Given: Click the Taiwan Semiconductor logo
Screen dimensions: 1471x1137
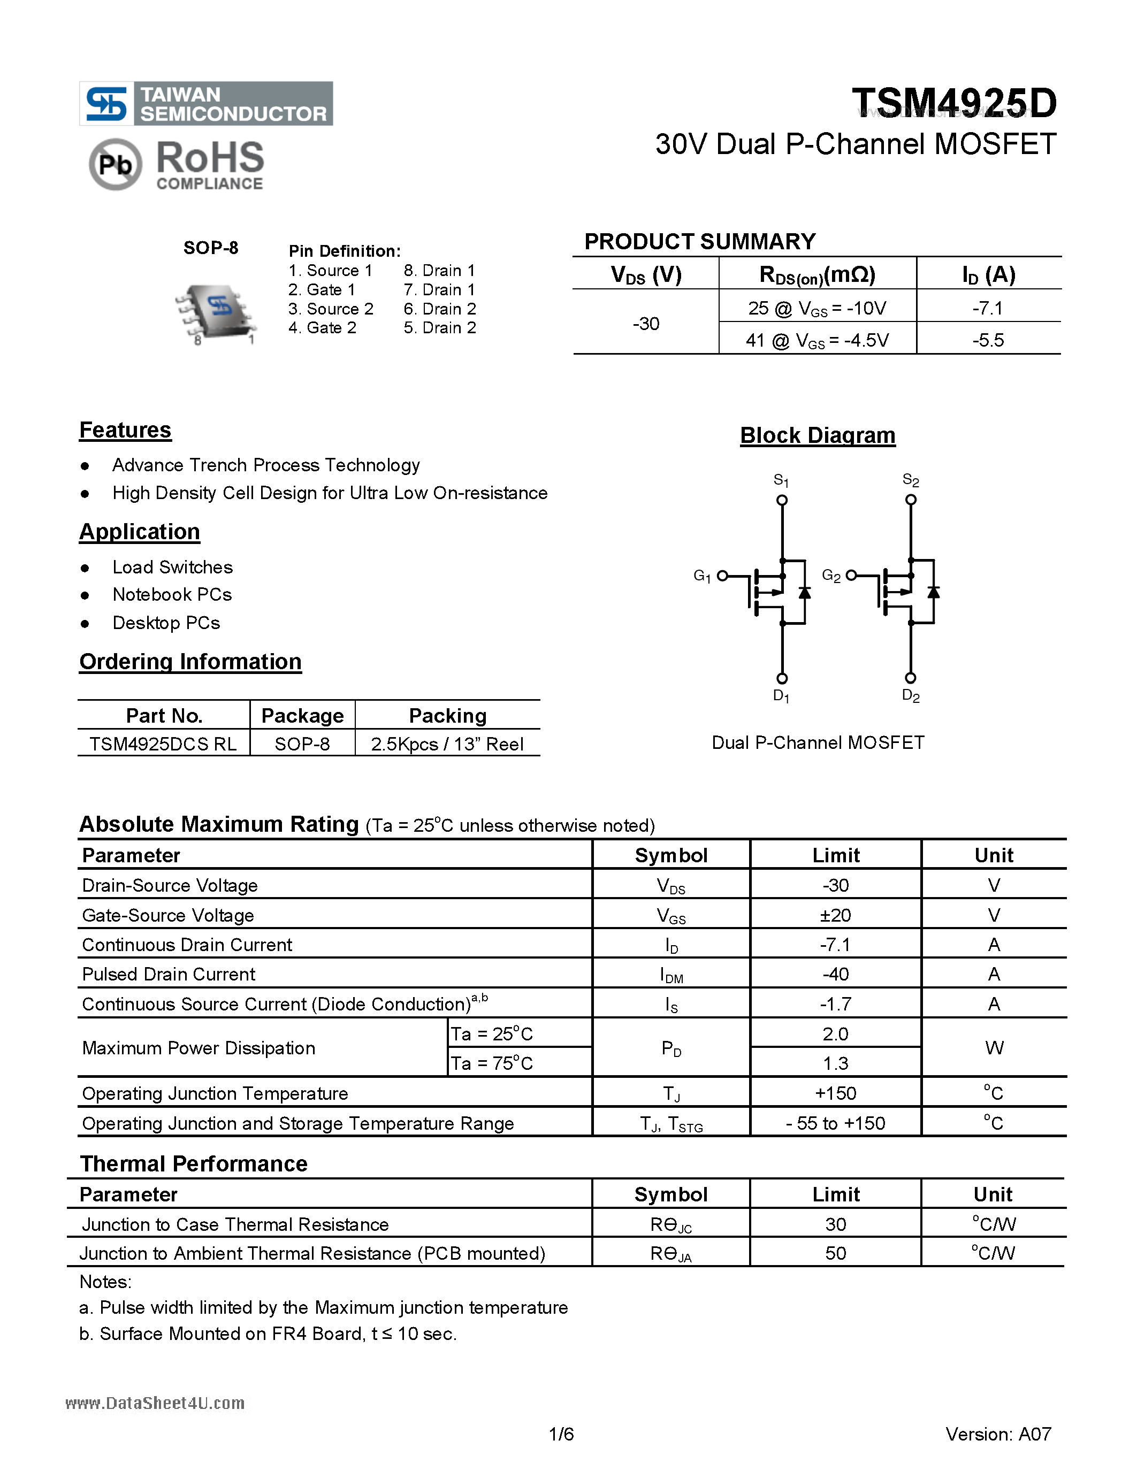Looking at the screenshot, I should (x=205, y=104).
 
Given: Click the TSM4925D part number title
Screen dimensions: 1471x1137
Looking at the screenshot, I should (x=954, y=103).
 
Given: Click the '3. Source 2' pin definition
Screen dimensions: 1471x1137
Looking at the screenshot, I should (x=330, y=309).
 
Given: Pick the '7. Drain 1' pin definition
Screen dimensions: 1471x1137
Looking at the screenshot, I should (x=439, y=289).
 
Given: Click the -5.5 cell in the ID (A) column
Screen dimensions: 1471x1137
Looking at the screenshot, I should (x=988, y=340).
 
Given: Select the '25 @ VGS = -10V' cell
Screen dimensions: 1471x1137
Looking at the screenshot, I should (x=816, y=309).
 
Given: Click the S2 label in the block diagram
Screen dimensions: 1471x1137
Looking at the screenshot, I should (x=910, y=480).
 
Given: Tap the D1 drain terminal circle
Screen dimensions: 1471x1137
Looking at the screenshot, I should (x=782, y=678).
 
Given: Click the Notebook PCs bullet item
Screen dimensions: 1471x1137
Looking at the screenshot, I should (x=172, y=595).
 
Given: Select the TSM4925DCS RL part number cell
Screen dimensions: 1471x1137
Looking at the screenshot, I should (x=163, y=744).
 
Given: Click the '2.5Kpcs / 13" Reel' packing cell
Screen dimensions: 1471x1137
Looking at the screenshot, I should (x=447, y=744).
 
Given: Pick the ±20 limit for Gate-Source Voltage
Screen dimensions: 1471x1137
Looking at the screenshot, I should (x=835, y=915).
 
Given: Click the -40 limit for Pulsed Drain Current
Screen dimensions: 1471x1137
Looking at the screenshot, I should (x=835, y=974).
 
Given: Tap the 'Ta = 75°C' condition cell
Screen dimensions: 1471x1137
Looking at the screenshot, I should (x=492, y=1063).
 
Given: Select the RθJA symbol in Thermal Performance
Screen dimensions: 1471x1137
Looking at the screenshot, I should (x=671, y=1253).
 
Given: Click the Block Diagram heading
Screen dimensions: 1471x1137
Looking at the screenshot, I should (x=817, y=435).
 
